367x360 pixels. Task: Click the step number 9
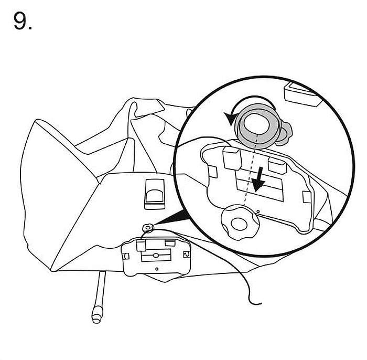pos(23,21)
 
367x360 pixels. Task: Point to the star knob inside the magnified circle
pos(240,223)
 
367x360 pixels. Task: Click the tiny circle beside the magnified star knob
pos(258,211)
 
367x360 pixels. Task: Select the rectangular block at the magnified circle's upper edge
pos(302,94)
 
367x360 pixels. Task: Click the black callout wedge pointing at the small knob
pos(173,217)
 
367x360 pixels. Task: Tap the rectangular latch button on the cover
pos(155,194)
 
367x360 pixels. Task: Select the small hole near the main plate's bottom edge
pos(157,269)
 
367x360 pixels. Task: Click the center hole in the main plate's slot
pos(155,255)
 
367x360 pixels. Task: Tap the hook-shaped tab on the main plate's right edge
pos(187,255)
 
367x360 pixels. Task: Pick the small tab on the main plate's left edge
pos(126,256)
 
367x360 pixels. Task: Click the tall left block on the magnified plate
pos(232,157)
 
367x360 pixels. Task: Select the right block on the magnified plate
pos(277,165)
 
